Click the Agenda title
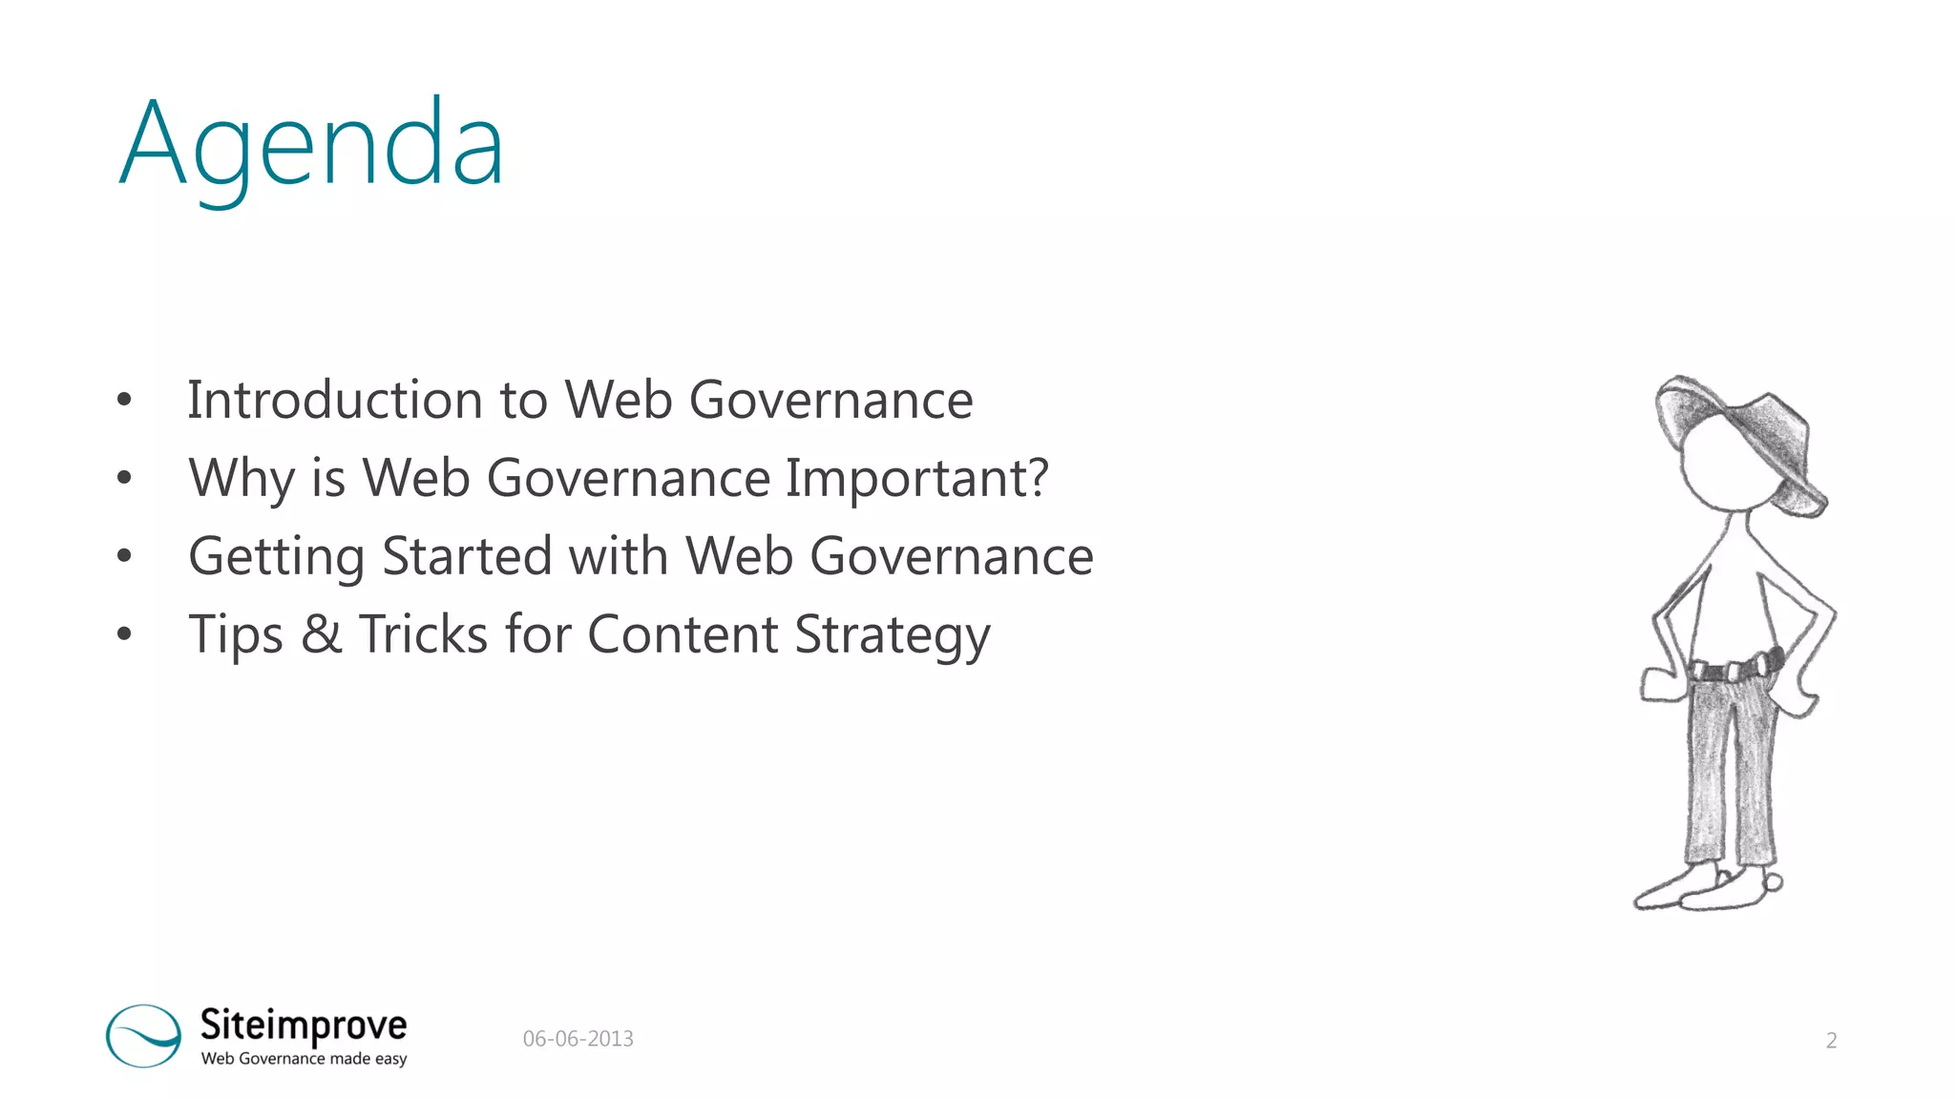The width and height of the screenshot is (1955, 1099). tap(311, 145)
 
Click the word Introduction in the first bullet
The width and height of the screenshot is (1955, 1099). tap(334, 400)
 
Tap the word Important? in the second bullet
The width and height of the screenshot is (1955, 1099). tap(916, 478)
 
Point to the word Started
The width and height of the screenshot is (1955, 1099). tap(467, 556)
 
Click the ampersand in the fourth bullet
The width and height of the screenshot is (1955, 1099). tap(321, 634)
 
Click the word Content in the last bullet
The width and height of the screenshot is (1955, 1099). tap(683, 634)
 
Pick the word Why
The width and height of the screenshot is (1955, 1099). tap(242, 478)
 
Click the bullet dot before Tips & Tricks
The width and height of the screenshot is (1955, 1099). tap(124, 633)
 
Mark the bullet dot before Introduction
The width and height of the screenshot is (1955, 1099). tap(124, 400)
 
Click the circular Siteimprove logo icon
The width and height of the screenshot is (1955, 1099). tap(143, 1035)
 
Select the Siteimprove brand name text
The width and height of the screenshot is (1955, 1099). tap(304, 1026)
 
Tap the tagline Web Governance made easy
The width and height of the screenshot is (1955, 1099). tap(304, 1059)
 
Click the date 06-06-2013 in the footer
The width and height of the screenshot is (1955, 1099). tap(578, 1039)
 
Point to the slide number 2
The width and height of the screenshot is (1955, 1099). tap(1831, 1041)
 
